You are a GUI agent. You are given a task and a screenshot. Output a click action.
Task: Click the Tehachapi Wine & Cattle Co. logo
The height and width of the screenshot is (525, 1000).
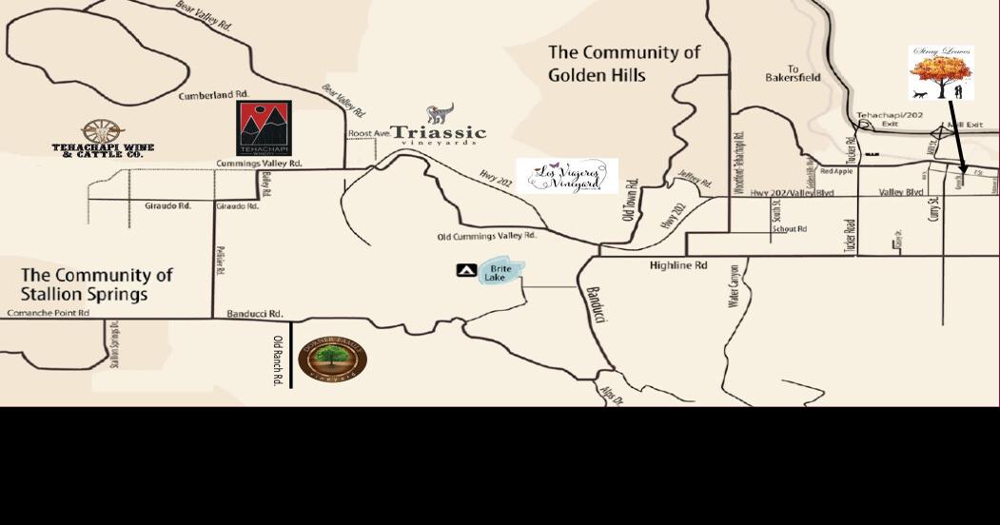[103, 138]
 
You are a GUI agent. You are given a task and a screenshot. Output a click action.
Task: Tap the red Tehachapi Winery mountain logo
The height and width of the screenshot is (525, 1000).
[264, 127]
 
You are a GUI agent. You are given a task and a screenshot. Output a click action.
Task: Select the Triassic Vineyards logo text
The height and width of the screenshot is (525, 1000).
[439, 133]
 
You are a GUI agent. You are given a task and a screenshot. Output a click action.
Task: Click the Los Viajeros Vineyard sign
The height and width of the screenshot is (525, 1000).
[567, 176]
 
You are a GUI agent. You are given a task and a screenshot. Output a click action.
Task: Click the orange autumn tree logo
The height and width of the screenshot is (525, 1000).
[940, 72]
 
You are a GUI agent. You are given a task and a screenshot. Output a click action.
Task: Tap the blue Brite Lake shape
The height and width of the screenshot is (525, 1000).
[501, 271]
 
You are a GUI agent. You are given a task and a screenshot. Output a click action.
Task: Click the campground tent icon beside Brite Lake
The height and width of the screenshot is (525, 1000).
[466, 271]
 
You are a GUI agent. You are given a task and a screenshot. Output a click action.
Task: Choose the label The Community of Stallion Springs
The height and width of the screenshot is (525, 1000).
[97, 283]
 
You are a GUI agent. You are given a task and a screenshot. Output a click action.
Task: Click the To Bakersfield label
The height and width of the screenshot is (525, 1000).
[793, 74]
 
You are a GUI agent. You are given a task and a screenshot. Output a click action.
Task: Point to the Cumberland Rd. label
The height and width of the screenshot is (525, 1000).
[213, 96]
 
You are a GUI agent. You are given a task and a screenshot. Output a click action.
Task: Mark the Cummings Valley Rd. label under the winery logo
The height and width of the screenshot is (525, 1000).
[259, 164]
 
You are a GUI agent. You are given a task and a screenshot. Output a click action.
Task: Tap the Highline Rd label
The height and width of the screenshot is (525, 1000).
[678, 265]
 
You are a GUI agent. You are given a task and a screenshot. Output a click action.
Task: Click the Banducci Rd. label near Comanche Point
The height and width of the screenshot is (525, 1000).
[255, 314]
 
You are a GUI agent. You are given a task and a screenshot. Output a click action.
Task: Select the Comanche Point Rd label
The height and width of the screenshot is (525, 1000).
[48, 313]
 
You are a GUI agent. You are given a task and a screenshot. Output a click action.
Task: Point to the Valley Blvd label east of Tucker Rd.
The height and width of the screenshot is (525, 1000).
[901, 192]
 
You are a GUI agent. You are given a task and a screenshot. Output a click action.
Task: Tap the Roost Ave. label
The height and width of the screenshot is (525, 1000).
[368, 134]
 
